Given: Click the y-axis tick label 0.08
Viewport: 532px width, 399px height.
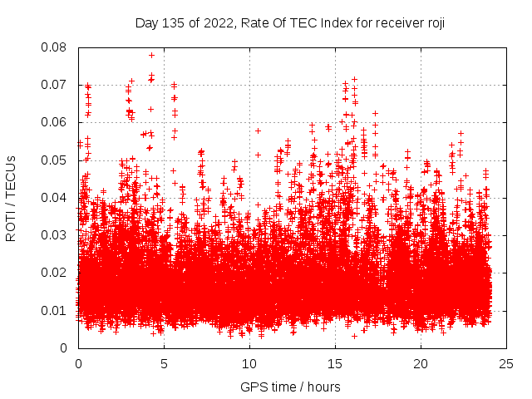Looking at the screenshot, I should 55,47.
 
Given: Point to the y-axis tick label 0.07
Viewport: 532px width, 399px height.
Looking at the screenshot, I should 55,85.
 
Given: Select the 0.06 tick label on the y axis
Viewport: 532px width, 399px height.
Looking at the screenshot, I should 55,122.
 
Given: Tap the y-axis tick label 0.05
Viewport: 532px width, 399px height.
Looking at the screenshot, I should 55,160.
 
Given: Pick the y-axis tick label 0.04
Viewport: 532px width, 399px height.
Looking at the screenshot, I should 55,198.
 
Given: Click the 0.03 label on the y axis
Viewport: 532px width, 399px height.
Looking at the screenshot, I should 55,235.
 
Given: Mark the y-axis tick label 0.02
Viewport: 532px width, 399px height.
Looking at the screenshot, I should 55,273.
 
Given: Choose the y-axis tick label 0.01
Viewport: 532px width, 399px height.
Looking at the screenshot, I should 55,310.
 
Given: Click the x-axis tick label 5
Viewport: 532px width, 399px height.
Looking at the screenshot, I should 164,364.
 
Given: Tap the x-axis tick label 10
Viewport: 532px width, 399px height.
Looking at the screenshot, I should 249,364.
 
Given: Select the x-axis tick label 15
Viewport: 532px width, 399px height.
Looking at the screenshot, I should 335,364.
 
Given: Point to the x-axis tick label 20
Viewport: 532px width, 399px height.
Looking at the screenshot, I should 421,364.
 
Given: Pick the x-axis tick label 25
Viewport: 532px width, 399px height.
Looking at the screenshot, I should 506,364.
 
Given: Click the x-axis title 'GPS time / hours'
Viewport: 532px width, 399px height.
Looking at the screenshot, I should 290,387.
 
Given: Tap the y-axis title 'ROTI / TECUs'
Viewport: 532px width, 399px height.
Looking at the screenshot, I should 11,198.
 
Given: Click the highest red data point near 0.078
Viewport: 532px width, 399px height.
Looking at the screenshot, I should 151,55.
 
